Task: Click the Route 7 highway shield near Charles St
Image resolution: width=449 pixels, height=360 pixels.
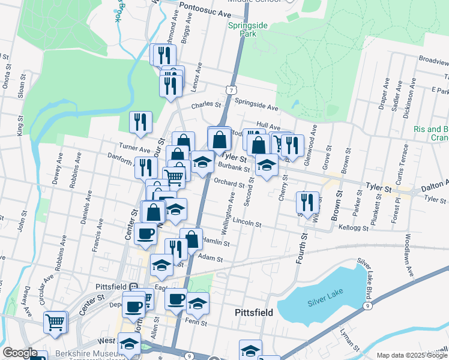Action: pos(231,89)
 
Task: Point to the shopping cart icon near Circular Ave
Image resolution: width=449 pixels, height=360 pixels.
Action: pos(55,322)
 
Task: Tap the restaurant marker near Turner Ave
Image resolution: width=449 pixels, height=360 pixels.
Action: pos(140,122)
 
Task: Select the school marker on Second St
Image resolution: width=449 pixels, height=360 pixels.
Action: pos(266,165)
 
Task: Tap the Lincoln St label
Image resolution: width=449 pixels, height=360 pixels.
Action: pos(248,223)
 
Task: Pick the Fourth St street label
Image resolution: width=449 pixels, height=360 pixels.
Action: pos(298,247)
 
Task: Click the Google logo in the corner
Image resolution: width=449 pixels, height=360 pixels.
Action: pos(20,353)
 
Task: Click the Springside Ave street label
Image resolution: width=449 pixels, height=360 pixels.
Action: pos(256,108)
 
